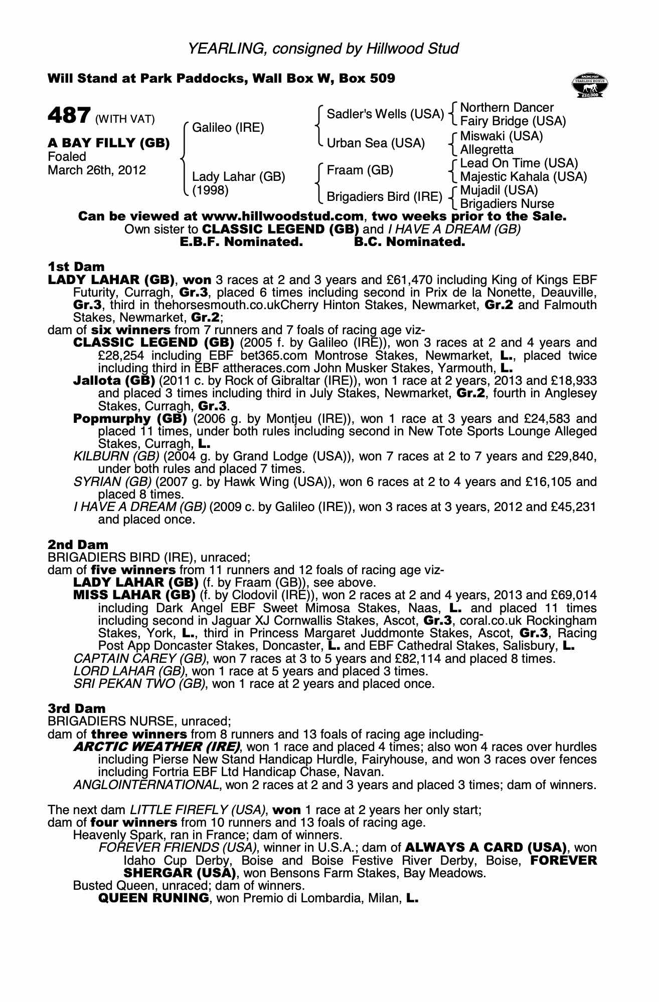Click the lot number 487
[69, 116]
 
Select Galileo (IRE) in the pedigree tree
[228, 128]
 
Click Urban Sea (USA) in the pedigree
[376, 143]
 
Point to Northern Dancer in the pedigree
[507, 108]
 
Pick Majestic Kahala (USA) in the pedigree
[523, 177]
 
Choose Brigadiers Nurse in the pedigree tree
[507, 204]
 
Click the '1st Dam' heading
[76, 267]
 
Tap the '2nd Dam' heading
[78, 545]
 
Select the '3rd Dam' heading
[77, 708]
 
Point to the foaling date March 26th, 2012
[97, 170]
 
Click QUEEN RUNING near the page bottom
[153, 898]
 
